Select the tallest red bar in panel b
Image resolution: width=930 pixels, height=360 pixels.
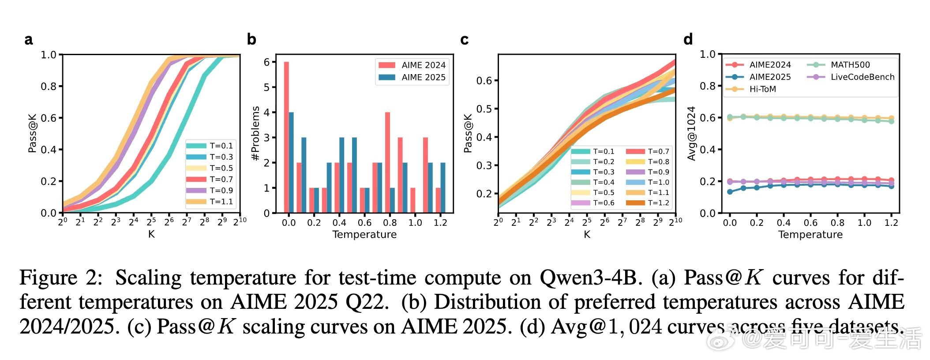click(x=286, y=137)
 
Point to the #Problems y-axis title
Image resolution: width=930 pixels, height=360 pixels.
click(x=255, y=133)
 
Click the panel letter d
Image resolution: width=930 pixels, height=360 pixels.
click(x=688, y=40)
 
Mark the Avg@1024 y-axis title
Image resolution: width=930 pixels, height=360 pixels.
click(x=691, y=133)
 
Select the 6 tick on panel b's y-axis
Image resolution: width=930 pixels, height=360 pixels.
click(x=266, y=62)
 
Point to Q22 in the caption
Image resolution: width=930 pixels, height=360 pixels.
click(x=366, y=302)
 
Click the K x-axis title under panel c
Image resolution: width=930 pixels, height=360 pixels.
click(x=587, y=234)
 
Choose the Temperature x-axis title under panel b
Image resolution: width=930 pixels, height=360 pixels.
click(x=364, y=234)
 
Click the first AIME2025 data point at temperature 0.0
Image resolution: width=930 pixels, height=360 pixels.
click(x=730, y=191)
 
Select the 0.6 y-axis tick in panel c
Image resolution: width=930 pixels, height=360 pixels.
click(x=484, y=81)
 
